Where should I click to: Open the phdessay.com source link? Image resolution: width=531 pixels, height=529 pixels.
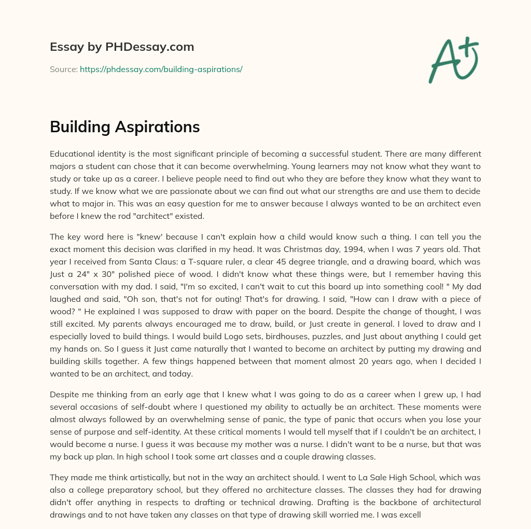161,69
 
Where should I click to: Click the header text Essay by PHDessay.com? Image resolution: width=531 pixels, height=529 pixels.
122,47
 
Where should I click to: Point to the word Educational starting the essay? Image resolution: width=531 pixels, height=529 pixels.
73,154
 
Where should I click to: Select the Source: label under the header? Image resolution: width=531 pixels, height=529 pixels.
63,69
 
